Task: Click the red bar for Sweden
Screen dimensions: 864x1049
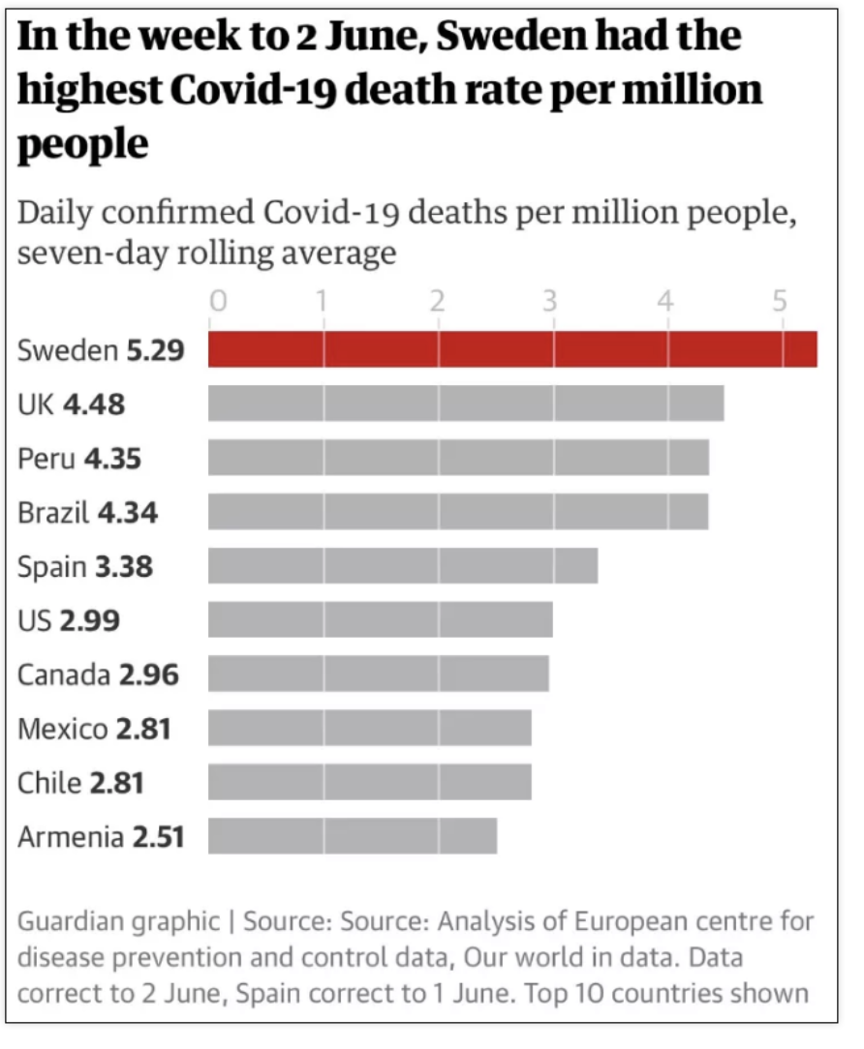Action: (x=512, y=349)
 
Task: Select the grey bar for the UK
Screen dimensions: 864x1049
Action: (x=466, y=404)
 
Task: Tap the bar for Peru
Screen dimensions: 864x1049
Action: (x=459, y=458)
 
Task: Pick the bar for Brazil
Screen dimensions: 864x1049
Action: (x=458, y=512)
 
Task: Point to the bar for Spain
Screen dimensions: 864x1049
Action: (x=403, y=566)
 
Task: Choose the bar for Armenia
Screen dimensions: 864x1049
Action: (x=353, y=836)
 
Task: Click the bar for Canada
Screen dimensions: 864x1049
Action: (x=379, y=674)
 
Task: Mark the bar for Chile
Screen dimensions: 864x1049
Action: (x=370, y=782)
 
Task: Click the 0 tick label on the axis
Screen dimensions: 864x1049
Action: (x=218, y=302)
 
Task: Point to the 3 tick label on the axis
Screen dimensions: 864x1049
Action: (x=550, y=302)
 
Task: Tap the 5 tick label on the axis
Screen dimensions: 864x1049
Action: (x=779, y=302)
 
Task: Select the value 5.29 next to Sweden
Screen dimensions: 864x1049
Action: (x=155, y=350)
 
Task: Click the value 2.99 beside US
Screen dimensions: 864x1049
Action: (x=90, y=621)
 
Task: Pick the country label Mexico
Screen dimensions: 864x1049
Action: (x=63, y=730)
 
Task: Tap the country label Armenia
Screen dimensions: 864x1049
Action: (x=71, y=837)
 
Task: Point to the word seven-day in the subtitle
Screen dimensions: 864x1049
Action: (x=92, y=254)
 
